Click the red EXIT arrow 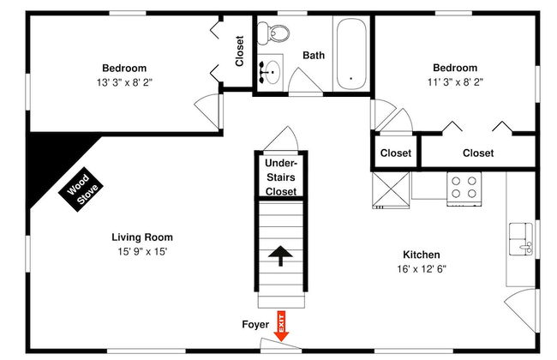click(x=281, y=327)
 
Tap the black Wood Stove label click(x=81, y=189)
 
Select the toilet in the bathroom click(x=273, y=33)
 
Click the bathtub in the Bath click(x=351, y=54)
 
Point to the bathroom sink click(x=271, y=72)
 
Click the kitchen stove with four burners click(x=464, y=189)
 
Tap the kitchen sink click(x=521, y=239)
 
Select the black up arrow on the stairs click(x=280, y=255)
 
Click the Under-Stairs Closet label click(x=280, y=177)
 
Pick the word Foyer click(x=255, y=325)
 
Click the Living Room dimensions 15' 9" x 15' click(x=142, y=252)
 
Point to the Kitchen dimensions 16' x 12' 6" click(x=422, y=269)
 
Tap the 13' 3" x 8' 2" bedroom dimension click(x=124, y=82)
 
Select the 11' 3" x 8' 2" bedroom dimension click(x=455, y=82)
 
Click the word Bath click(x=314, y=56)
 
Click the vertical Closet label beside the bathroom click(x=240, y=51)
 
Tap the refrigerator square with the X click(x=391, y=190)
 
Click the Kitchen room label click(x=422, y=255)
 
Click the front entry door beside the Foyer click(x=280, y=344)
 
